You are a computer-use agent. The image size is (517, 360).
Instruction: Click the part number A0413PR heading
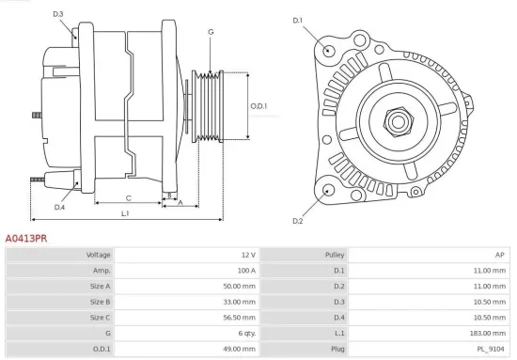26,240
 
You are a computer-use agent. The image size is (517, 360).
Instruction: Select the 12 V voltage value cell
247,255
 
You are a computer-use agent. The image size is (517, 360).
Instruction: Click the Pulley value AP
500,255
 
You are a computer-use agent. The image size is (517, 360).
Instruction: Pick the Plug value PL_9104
491,349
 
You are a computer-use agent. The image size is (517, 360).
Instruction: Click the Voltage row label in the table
99,255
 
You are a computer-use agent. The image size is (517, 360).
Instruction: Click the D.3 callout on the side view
58,14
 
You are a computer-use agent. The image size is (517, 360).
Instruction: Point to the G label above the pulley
211,32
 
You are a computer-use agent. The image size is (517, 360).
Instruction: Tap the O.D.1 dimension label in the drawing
258,105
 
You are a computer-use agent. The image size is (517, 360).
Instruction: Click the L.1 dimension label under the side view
125,214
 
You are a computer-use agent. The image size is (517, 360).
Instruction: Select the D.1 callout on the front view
298,20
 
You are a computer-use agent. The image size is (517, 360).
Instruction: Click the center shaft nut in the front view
396,120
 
